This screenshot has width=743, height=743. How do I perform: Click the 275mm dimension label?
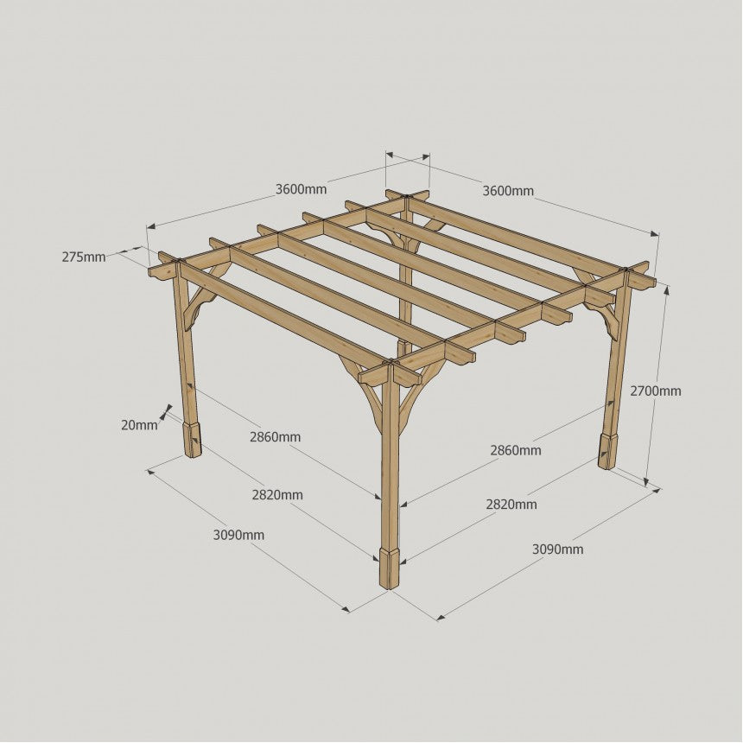pyautogui.click(x=84, y=257)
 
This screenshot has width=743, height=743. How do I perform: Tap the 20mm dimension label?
pyautogui.click(x=139, y=425)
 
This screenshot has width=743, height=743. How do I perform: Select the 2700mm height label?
pyautogui.click(x=656, y=391)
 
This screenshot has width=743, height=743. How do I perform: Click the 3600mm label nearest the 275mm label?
pyautogui.click(x=302, y=189)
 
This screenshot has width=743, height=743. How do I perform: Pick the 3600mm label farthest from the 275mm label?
pyautogui.click(x=508, y=191)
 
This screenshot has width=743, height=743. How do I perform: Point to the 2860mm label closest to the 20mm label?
pyautogui.click(x=276, y=437)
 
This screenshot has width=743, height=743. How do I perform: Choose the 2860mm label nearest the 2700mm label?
pyautogui.click(x=516, y=450)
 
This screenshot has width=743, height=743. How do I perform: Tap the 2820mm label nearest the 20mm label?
pyautogui.click(x=277, y=495)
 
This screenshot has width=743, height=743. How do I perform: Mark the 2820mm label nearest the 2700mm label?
pyautogui.click(x=511, y=505)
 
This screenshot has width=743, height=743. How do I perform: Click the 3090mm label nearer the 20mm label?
pyautogui.click(x=238, y=536)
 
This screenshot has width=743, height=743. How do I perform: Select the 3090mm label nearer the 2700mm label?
pyautogui.click(x=558, y=549)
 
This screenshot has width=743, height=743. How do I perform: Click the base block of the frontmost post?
pyautogui.click(x=389, y=568)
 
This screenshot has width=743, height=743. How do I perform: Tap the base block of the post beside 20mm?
pyautogui.click(x=192, y=439)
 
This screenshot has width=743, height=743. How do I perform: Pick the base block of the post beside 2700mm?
pyautogui.click(x=607, y=450)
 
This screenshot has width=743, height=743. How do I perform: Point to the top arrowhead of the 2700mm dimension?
pyautogui.click(x=667, y=290)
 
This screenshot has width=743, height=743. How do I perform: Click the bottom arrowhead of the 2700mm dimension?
pyautogui.click(x=647, y=481)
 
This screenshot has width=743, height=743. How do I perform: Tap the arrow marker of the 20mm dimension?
pyautogui.click(x=166, y=412)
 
